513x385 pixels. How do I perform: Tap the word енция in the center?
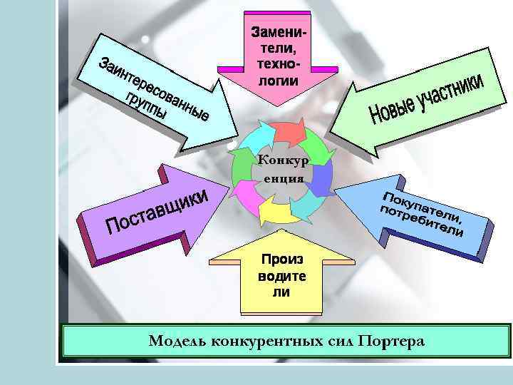282,178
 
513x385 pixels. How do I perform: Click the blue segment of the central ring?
321,178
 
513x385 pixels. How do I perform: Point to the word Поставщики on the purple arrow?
157,211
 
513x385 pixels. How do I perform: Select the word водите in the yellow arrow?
281,276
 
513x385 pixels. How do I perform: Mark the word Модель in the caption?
175,342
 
